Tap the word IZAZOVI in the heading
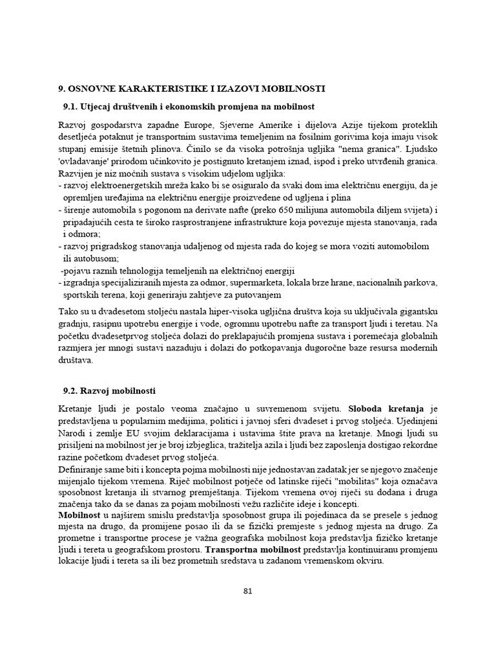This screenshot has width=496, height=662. click(236, 88)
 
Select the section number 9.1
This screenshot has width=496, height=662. click(70, 105)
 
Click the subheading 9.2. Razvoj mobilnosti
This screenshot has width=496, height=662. click(109, 391)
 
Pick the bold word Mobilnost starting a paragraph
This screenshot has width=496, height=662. click(82, 517)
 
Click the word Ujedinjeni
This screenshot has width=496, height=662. click(417, 421)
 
